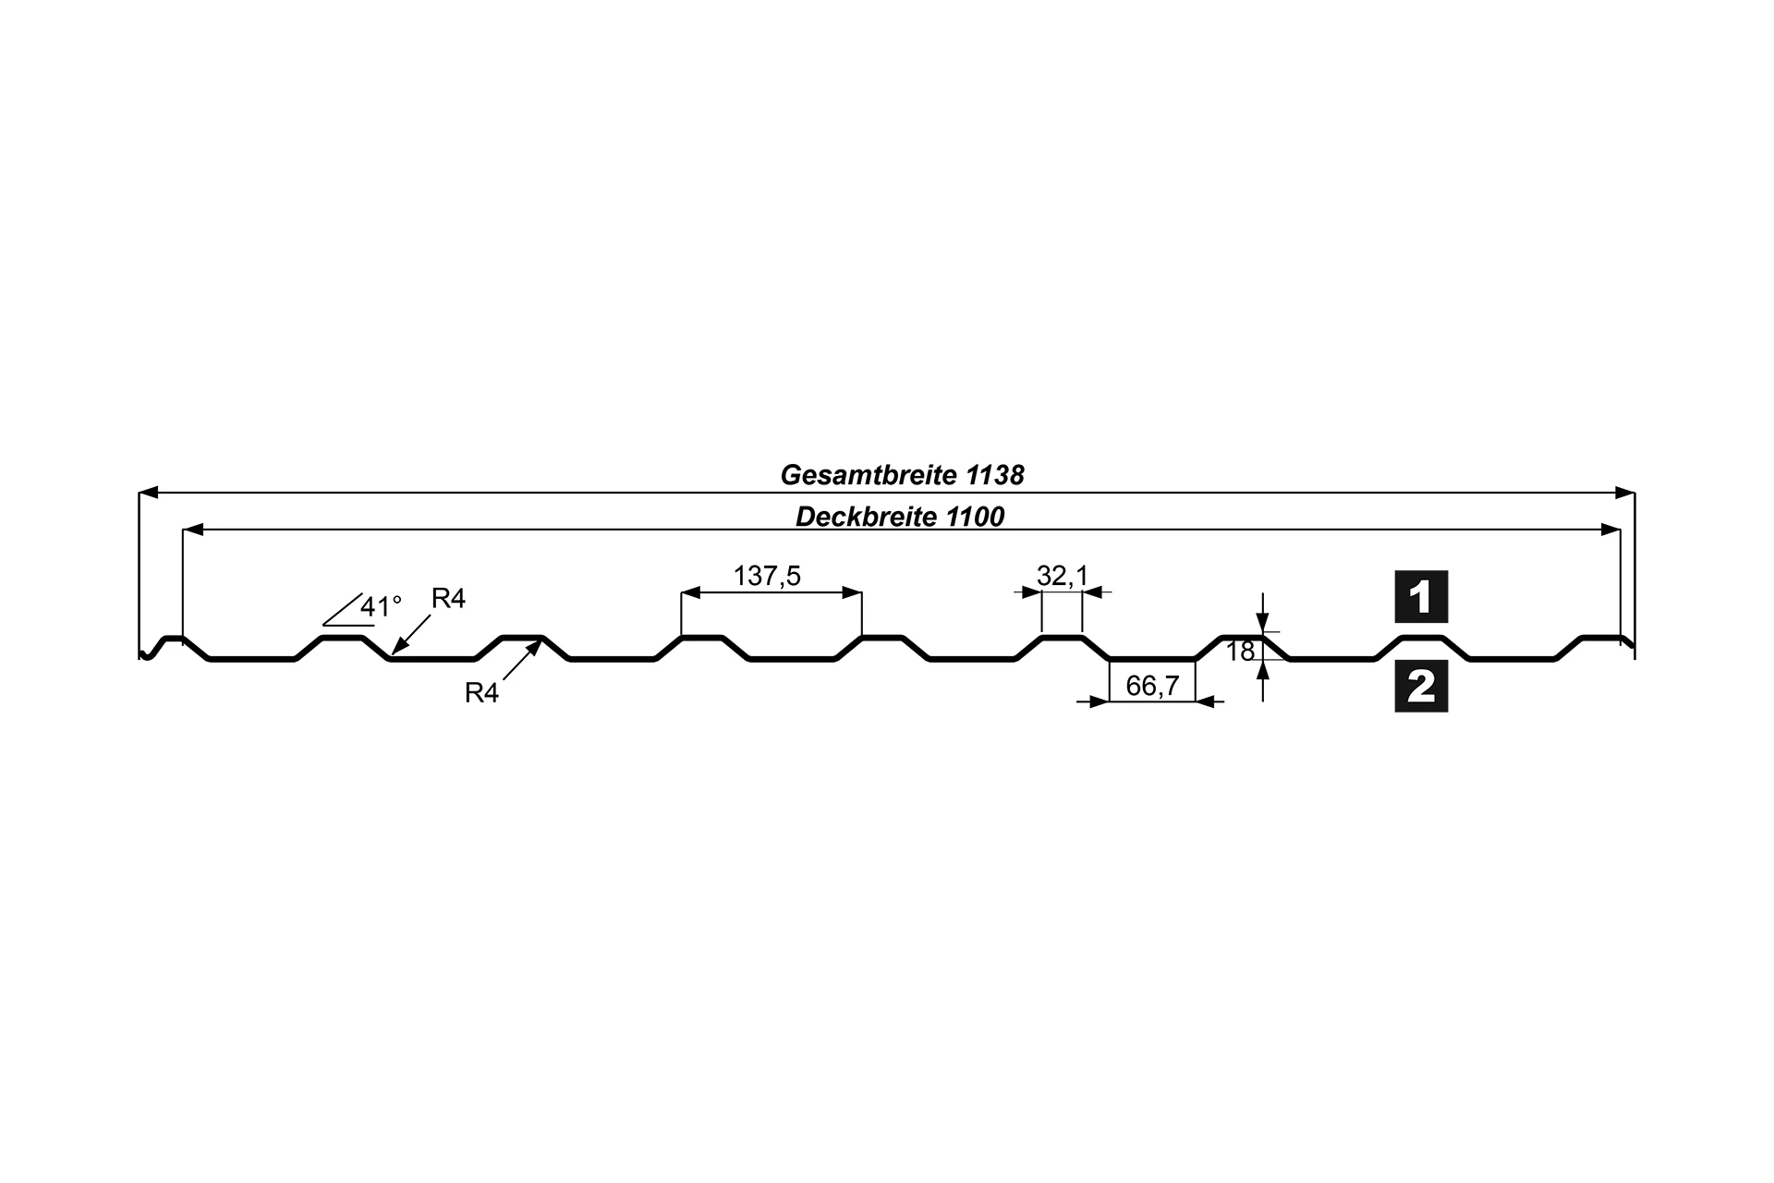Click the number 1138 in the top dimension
[996, 475]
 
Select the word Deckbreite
[867, 517]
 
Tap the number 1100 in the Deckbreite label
[974, 517]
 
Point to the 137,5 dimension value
[767, 576]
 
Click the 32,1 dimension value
[1063, 576]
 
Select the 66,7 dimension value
[1152, 686]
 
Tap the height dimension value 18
[1240, 652]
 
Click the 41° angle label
[381, 606]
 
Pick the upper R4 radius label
[448, 599]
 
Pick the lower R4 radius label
[481, 693]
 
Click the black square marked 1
[1421, 597]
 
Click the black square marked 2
[1421, 687]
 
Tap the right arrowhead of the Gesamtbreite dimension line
[1624, 493]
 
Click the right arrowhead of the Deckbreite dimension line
[1610, 531]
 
